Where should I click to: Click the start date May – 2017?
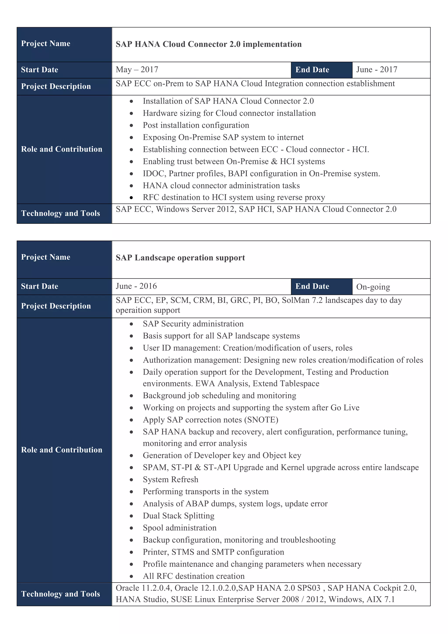[137, 70]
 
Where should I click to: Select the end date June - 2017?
[376, 70]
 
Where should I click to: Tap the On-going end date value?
[373, 287]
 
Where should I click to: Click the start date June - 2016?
[136, 286]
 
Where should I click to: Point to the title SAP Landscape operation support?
[180, 258]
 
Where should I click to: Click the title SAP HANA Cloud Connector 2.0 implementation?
[208, 44]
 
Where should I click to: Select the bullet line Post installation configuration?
[196, 125]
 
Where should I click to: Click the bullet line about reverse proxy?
[234, 197]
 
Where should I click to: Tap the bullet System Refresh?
[170, 479]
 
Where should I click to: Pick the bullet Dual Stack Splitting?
[178, 516]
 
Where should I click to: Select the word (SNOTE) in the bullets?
[261, 420]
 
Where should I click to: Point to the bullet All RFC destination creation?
[194, 576]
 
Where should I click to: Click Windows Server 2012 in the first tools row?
[196, 209]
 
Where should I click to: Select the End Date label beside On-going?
[312, 286]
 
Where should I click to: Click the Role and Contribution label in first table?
[61, 149]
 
